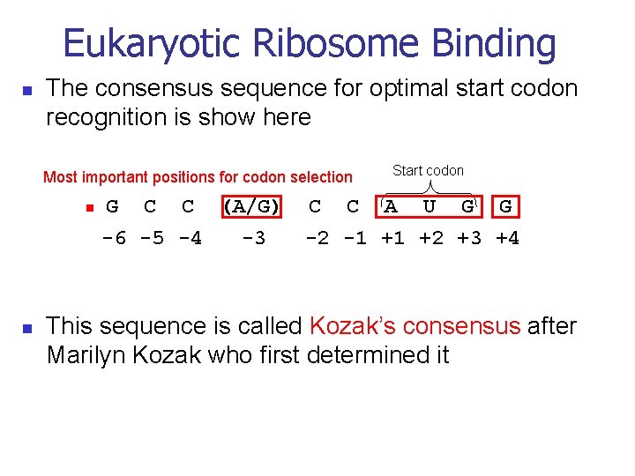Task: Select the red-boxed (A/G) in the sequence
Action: click(251, 207)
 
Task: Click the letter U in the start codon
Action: click(429, 207)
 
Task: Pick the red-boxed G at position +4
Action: click(505, 207)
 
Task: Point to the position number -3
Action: click(253, 238)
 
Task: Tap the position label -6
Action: click(114, 238)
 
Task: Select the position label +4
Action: click(507, 238)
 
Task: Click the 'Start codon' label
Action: click(428, 171)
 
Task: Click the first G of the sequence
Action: click(112, 207)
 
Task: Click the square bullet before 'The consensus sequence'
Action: click(26, 90)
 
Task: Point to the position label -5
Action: click(151, 238)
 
